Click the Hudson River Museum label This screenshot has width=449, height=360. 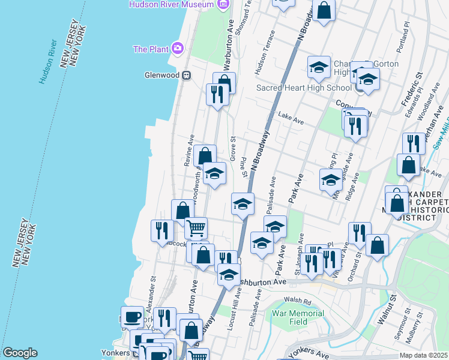171,4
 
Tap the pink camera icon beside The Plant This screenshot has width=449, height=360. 177,48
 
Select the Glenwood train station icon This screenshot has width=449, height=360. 187,75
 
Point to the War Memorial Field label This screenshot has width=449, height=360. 298,317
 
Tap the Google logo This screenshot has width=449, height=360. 19,353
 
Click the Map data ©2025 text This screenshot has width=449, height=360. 423,355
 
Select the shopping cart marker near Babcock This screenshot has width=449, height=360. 196,228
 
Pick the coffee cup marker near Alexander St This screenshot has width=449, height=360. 132,317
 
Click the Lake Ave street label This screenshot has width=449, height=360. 291,121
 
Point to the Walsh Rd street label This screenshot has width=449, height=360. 299,301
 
